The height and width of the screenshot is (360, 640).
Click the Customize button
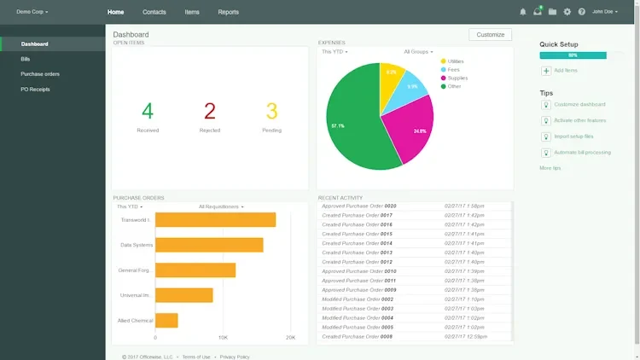click(491, 35)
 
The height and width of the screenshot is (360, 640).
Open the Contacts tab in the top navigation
click(154, 12)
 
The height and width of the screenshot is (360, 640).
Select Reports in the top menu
click(228, 12)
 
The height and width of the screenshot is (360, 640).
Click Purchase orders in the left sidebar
click(40, 74)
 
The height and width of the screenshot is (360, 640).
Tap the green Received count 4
click(148, 112)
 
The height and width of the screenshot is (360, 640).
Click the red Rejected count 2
click(210, 112)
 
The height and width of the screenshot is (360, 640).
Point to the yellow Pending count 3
click(272, 112)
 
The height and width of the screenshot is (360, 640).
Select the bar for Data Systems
click(209, 245)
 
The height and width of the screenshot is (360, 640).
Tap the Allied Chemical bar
click(166, 321)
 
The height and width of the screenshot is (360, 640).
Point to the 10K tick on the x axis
click(223, 338)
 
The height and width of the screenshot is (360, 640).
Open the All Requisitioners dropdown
click(221, 206)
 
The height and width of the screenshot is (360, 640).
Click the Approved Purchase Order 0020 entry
click(359, 206)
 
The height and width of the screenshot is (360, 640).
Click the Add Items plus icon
click(546, 71)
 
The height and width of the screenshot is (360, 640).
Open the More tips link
click(550, 168)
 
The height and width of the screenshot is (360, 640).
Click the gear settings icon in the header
click(567, 12)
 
